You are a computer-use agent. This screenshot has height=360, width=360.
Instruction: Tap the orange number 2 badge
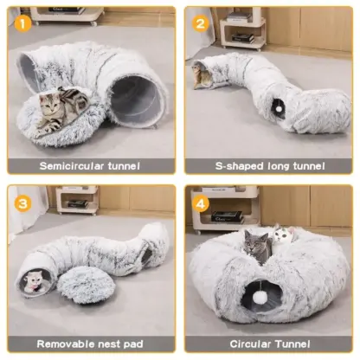click(201, 23)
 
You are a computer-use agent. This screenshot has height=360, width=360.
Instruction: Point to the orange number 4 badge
click(201, 203)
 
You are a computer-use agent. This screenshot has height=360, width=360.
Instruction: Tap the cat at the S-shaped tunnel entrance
click(202, 75)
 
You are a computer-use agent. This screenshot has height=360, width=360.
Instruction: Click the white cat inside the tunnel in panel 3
click(34, 281)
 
